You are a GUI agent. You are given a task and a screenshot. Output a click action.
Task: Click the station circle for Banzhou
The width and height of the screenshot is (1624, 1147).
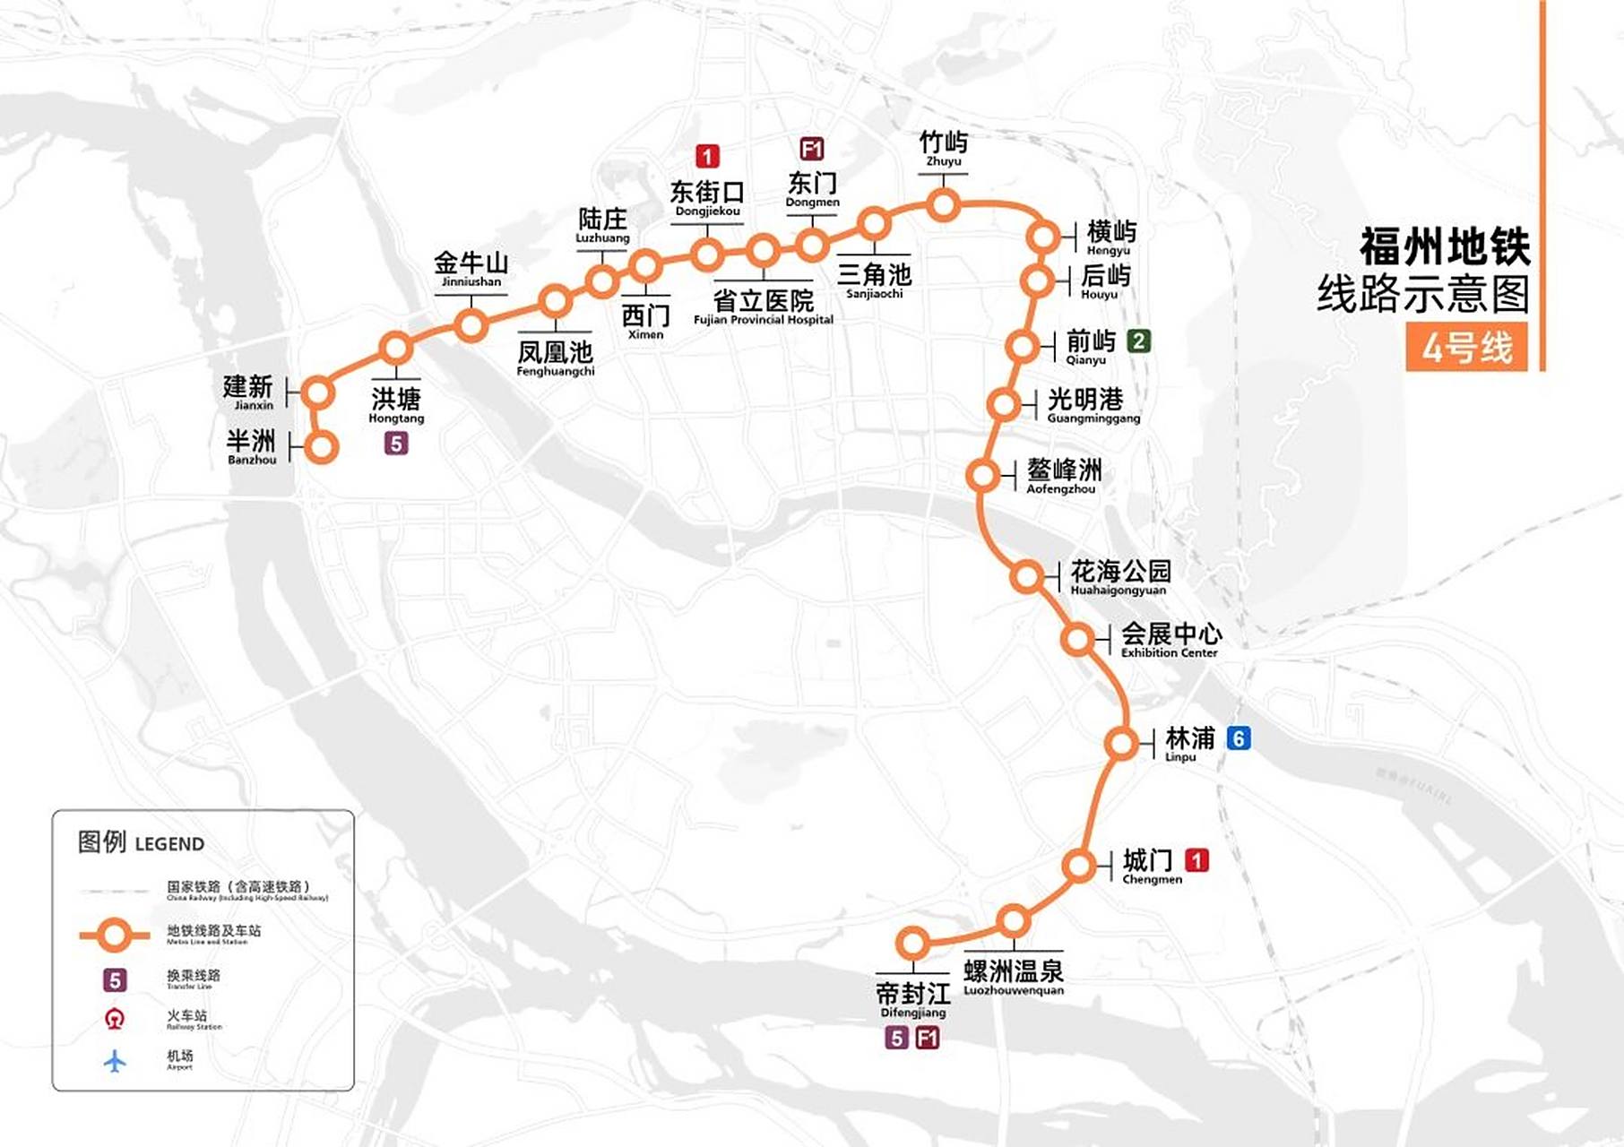pos(322,445)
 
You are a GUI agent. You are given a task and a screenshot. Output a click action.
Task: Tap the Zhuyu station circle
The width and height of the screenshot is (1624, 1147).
pos(943,205)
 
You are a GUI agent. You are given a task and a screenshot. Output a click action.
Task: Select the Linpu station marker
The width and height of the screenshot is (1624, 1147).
pos(1121,744)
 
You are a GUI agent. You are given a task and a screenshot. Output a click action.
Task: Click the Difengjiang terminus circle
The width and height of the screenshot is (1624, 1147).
pos(912,943)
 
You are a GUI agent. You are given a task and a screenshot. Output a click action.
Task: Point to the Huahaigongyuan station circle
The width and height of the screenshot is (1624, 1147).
pos(1027,576)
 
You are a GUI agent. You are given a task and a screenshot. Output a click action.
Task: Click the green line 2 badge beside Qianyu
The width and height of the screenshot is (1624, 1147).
pos(1138,341)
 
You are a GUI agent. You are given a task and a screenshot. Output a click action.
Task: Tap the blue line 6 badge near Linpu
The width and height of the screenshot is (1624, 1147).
pos(1239,738)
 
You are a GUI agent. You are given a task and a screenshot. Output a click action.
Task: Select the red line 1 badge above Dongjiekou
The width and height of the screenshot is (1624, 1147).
pos(707,157)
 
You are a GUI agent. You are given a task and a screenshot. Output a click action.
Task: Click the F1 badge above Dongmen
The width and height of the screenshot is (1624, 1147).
pos(811,149)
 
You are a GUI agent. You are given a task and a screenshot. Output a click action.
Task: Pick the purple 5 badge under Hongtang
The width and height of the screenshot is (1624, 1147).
pos(396,443)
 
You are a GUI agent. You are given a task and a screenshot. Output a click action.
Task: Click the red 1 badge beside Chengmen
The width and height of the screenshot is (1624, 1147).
pos(1196,860)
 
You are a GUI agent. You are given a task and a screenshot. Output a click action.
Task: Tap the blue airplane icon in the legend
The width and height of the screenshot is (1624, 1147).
pos(115,1061)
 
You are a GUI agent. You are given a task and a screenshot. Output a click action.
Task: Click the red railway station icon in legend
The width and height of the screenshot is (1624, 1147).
pos(115,1019)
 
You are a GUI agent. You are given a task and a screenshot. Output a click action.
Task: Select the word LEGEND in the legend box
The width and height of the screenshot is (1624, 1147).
pos(169,844)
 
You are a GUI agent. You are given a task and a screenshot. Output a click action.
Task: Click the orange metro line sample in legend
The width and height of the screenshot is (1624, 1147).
pos(114,936)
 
